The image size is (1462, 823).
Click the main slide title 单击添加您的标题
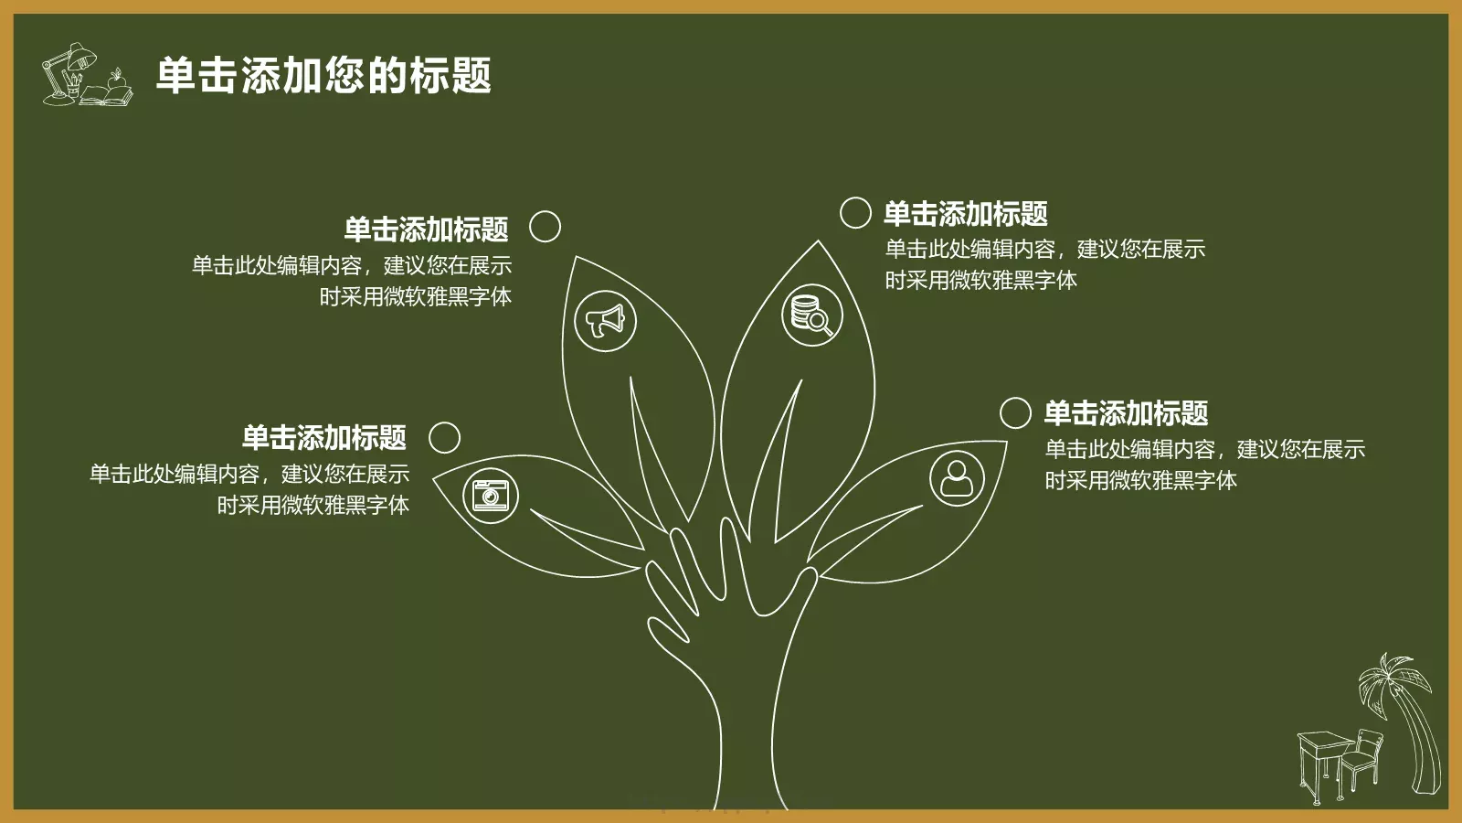323,75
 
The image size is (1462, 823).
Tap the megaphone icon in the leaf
605,321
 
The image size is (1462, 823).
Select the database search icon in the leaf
811,314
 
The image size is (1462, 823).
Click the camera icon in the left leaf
491,495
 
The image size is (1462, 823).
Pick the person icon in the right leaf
957,477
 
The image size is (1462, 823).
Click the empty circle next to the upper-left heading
545,226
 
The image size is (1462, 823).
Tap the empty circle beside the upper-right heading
855,212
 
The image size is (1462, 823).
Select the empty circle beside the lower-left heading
444,437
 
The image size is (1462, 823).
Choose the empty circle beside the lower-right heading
1015,412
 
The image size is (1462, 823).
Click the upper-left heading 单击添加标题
426,229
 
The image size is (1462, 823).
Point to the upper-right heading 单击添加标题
965,214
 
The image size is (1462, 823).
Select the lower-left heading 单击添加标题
323,437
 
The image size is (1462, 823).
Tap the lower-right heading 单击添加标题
1126,413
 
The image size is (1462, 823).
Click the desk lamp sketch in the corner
69,69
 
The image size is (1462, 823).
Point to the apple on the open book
116,81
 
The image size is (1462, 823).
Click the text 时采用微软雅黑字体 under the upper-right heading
980,280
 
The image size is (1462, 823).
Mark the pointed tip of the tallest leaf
818,241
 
